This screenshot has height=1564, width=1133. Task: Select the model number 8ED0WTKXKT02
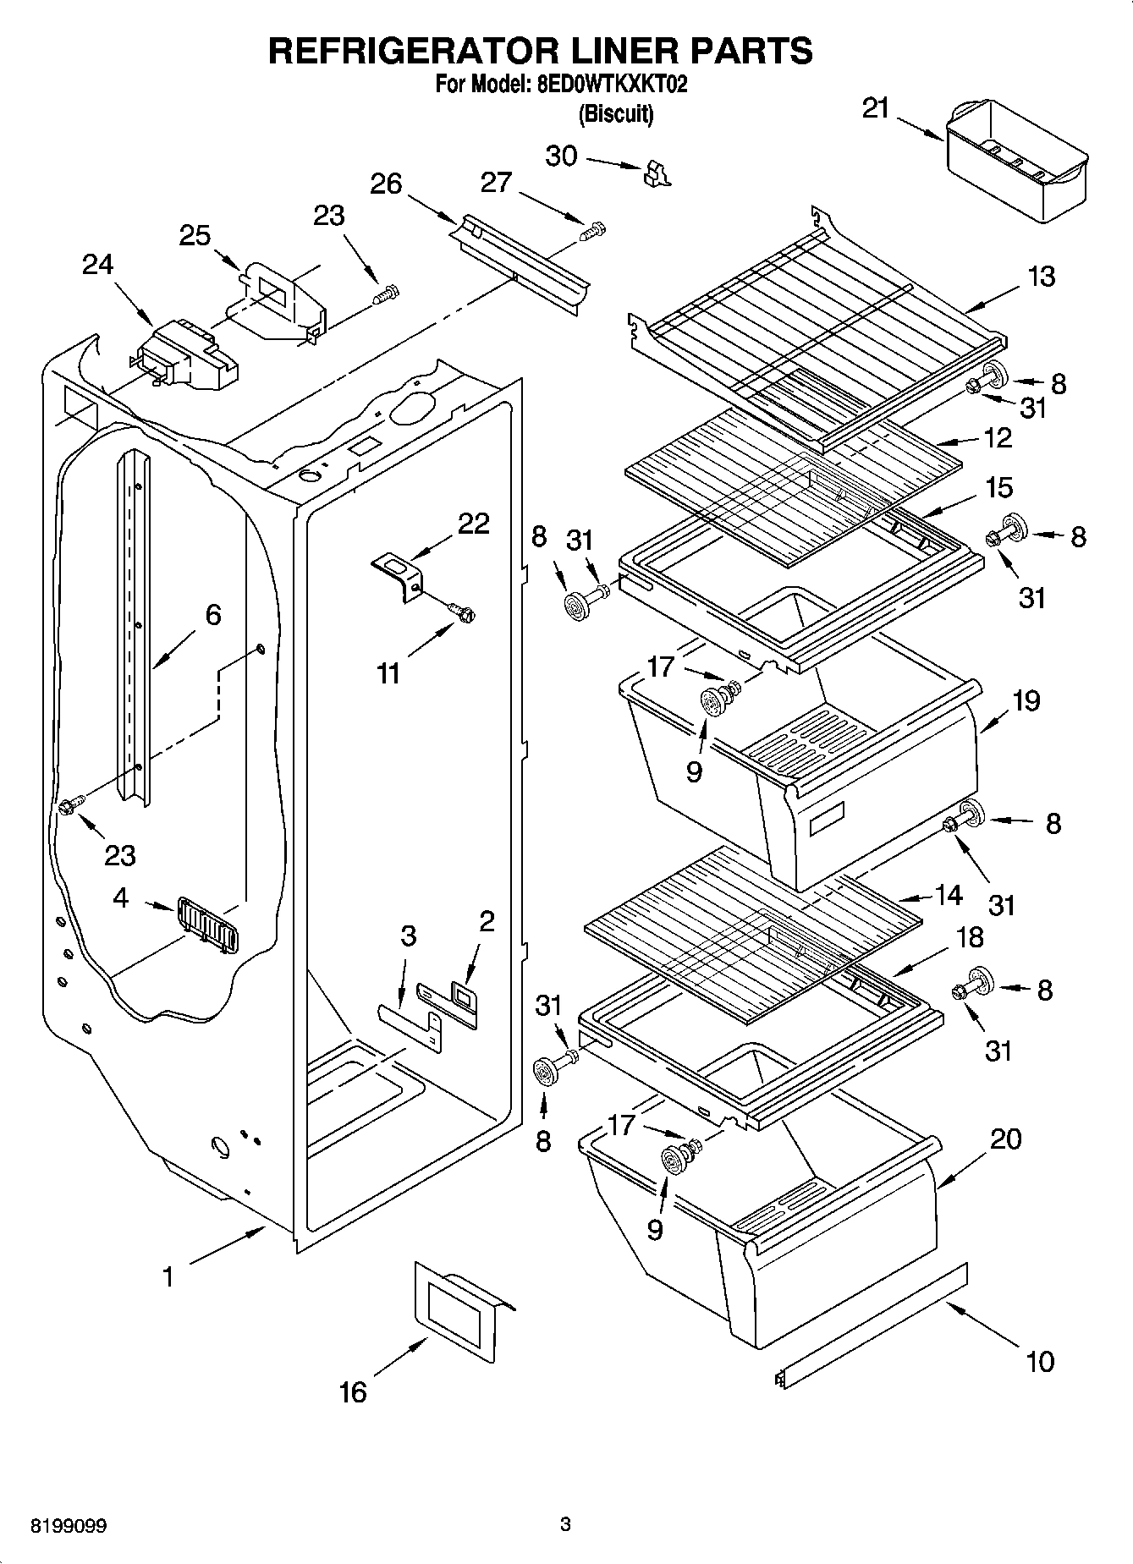pos(607,85)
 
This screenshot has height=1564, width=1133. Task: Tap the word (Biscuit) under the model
pos(615,114)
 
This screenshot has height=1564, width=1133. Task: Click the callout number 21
pos(876,108)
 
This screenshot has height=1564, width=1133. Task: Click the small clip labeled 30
pos(655,173)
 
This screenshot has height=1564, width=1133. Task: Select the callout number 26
pos(386,184)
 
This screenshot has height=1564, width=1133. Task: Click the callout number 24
pos(97,265)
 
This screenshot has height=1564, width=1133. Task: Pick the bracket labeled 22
pos(399,575)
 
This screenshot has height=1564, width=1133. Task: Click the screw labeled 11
pos(463,610)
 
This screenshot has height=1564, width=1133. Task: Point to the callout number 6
pos(212,615)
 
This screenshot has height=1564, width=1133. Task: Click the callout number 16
pos(353,1391)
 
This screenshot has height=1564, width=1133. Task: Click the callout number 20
pos(1005,1139)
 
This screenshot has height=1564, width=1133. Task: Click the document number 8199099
pos(69,1526)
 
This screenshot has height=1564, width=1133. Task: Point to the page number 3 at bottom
pos(566,1525)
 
